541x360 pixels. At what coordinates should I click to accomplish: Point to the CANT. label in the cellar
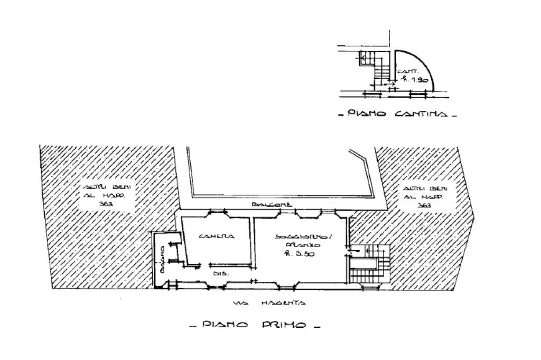point(408,71)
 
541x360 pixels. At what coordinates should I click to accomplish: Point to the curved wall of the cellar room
point(428,66)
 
